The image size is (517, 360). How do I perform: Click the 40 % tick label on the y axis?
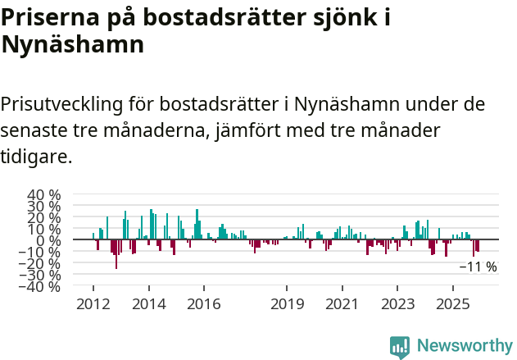43,195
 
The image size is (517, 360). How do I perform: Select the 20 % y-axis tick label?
43,218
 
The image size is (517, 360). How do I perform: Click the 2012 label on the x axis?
93,304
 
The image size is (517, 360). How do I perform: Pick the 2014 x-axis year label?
148,304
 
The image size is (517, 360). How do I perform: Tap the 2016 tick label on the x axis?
203,304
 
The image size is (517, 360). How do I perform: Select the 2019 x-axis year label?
286,304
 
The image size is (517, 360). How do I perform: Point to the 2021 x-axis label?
342,304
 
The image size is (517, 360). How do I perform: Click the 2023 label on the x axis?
397,304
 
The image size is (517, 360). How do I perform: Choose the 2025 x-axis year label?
452,304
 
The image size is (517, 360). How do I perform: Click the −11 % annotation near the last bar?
478,267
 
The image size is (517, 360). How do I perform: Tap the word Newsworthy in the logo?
464,346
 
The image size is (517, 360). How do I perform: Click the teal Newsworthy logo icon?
400,346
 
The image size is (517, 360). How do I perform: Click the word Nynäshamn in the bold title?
73,44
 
